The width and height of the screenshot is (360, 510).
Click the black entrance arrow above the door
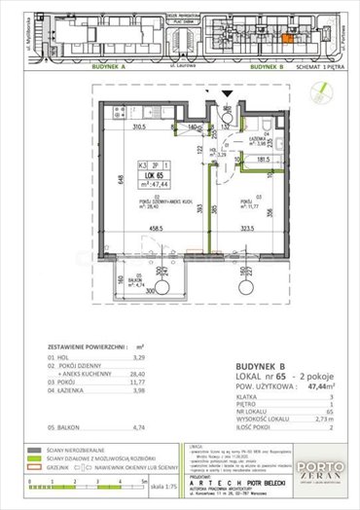coord(225,94)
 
